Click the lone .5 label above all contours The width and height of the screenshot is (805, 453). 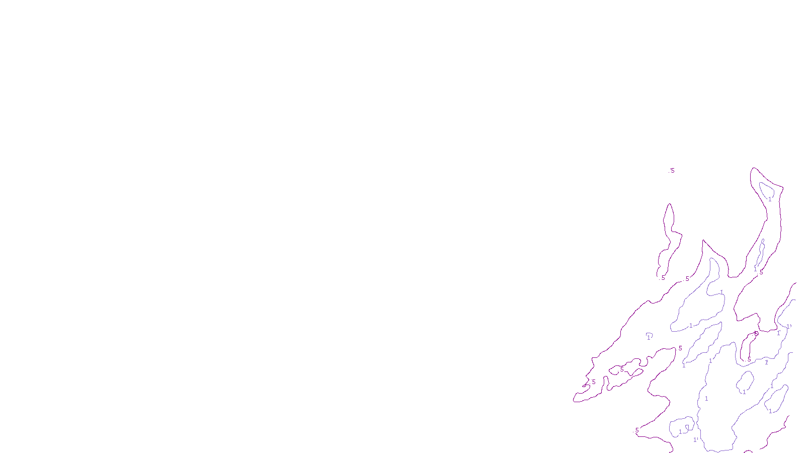pos(672,171)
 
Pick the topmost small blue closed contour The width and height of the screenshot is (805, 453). pos(767,190)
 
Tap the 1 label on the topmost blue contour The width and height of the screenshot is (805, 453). pos(770,199)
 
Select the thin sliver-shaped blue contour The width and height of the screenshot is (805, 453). pos(760,253)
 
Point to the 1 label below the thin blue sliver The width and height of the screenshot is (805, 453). pos(755,269)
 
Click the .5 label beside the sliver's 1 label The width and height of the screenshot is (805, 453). pos(761,273)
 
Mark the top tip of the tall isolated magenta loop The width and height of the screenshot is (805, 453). pos(669,204)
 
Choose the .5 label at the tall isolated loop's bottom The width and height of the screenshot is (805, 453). pos(663,278)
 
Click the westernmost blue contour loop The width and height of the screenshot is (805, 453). pos(649,334)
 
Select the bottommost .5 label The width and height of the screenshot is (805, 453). pos(637,430)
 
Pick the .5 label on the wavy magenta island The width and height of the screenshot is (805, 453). pos(622,369)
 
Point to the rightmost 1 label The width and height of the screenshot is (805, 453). pos(788,326)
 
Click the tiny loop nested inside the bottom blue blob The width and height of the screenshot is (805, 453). pos(687,427)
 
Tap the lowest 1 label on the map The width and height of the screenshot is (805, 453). pos(695,439)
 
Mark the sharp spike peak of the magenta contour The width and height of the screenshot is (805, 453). pos(703,240)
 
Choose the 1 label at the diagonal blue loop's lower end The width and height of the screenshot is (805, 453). pos(684,365)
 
